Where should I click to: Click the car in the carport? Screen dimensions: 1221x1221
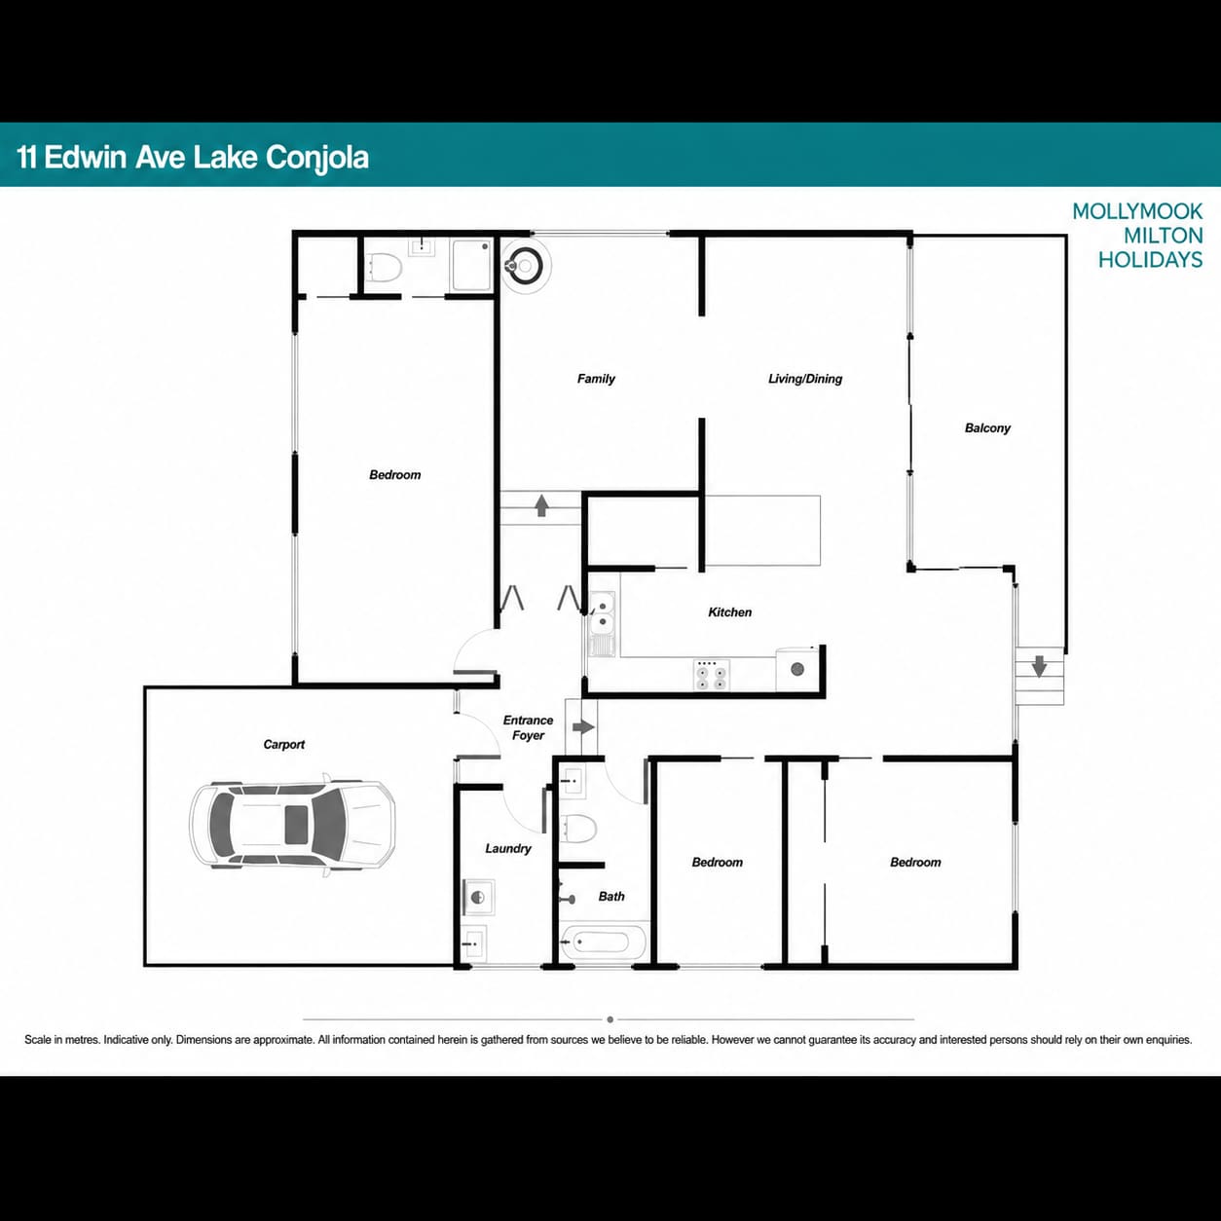(292, 825)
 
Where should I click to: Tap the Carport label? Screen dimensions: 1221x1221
(284, 745)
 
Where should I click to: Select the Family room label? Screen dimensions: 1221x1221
(596, 378)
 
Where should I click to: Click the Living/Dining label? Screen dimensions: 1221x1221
(804, 378)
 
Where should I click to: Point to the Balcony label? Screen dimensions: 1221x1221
(987, 428)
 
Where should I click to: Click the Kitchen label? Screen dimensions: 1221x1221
(730, 612)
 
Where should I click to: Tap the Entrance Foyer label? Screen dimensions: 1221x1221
(528, 727)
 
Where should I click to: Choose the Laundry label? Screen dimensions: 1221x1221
(508, 848)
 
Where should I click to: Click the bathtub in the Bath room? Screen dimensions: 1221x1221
(604, 943)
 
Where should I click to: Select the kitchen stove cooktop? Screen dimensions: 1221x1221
(711, 676)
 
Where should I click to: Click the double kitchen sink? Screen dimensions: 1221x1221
(602, 613)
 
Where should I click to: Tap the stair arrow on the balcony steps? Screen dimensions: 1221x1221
(1039, 666)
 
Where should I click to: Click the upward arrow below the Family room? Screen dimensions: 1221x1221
(541, 505)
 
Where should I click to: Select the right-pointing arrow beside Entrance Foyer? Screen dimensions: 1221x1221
(583, 726)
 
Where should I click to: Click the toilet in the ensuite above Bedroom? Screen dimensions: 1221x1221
(386, 268)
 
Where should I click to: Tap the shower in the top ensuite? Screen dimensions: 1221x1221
(471, 265)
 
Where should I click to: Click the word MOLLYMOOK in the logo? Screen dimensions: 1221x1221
(1137, 211)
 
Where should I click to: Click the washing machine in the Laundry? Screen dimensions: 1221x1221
(478, 897)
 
